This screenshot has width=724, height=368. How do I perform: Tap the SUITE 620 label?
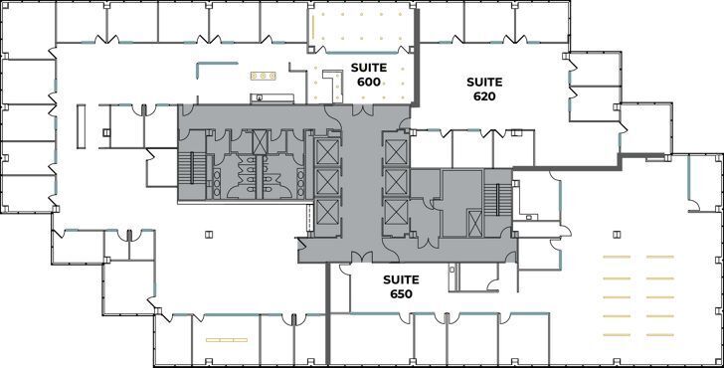(x=485, y=89)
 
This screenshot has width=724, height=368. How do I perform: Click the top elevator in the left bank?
(x=326, y=152)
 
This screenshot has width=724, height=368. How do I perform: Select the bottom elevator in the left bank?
(x=326, y=212)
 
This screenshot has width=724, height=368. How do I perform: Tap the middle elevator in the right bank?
(x=395, y=181)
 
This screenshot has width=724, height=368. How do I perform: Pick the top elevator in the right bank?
(x=395, y=152)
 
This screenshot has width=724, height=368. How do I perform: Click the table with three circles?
(x=265, y=74)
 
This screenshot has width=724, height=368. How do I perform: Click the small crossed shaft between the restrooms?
(x=260, y=143)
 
